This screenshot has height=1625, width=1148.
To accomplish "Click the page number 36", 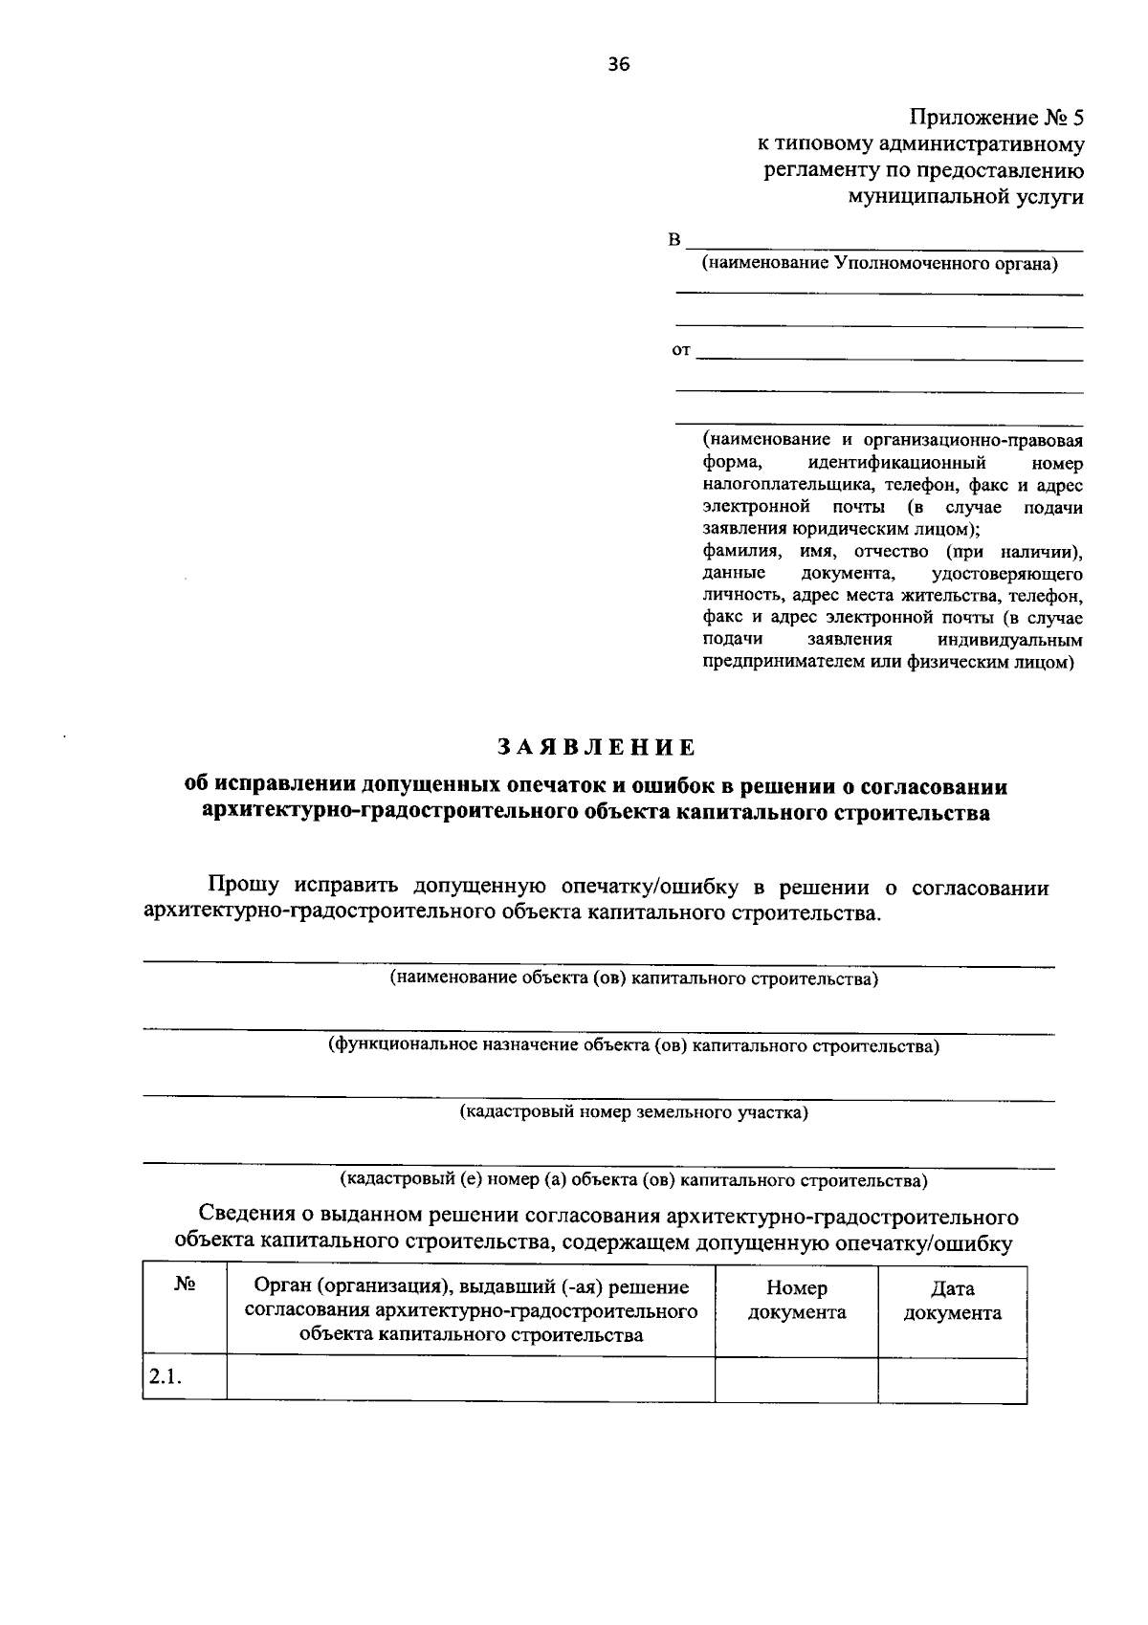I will click(x=618, y=64).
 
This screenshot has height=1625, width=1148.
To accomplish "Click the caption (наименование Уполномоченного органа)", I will click(x=879, y=264).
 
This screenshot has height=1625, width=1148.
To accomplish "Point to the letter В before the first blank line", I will click(x=674, y=239).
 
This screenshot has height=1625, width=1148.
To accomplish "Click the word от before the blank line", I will click(x=681, y=350).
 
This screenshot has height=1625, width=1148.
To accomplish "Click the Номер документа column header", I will click(x=796, y=1300).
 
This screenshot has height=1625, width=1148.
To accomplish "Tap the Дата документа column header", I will click(x=952, y=1301).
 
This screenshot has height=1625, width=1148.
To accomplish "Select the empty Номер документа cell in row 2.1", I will click(x=796, y=1378).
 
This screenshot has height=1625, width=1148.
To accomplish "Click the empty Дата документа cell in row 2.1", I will click(x=952, y=1378).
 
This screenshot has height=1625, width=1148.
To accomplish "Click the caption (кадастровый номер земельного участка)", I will click(x=633, y=1112).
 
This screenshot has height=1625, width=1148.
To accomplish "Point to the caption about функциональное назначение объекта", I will click(x=633, y=1045).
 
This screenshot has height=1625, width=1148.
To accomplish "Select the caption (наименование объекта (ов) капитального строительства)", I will click(x=633, y=978).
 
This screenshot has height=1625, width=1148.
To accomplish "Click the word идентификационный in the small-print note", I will click(x=895, y=463).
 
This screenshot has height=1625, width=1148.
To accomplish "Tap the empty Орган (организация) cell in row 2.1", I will click(x=470, y=1378).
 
